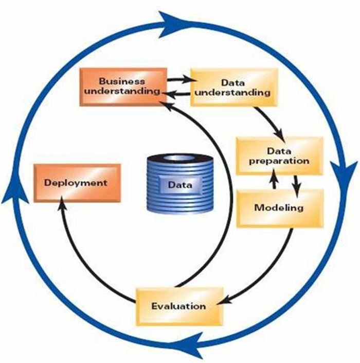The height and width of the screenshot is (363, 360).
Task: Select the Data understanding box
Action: point(233,88)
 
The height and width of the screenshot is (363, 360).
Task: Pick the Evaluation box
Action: point(178,306)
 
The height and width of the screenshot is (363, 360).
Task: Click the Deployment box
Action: point(76,183)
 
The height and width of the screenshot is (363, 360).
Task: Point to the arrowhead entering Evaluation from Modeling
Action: point(225,299)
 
